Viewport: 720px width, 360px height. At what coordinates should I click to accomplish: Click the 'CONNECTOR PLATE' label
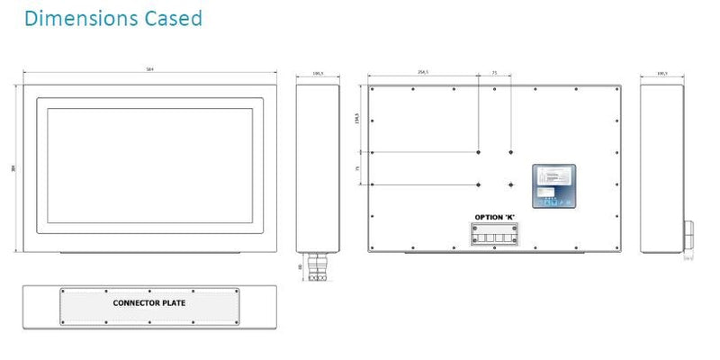click(149, 303)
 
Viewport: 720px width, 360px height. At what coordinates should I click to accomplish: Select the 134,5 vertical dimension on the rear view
click(359, 118)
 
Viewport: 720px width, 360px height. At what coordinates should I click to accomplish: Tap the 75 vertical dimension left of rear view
click(359, 168)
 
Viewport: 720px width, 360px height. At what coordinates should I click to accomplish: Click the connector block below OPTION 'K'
click(495, 235)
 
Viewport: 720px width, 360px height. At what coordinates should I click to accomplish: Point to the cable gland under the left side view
click(317, 266)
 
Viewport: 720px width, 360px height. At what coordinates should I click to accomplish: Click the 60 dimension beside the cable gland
click(301, 266)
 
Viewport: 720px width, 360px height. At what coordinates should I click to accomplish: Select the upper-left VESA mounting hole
click(479, 152)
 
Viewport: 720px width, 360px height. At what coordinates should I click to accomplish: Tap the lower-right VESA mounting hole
click(510, 185)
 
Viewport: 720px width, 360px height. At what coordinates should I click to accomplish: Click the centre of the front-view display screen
click(148, 166)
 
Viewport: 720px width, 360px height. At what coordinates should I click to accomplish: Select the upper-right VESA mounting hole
click(510, 152)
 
